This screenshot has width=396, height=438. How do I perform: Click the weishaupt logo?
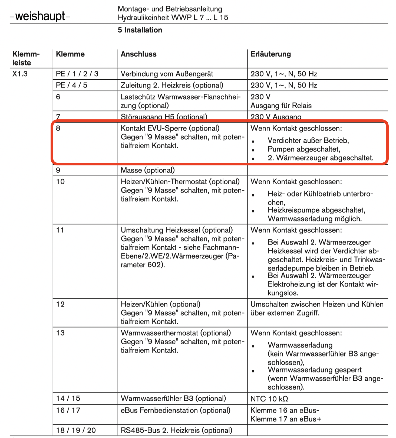[40, 16]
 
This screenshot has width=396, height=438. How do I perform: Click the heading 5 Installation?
[140, 30]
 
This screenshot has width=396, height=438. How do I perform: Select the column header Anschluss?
[138, 54]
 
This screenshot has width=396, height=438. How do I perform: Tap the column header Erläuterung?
[270, 54]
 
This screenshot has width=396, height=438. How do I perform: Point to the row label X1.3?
[20, 74]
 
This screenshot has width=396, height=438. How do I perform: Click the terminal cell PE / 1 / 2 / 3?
[77, 74]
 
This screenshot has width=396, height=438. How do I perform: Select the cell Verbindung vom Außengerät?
[167, 74]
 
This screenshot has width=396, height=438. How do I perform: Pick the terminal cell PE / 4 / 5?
[71, 85]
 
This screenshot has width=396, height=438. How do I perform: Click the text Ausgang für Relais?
[281, 106]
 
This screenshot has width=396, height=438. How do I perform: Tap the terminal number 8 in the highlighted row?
[58, 128]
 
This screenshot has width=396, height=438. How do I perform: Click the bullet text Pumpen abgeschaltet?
[304, 149]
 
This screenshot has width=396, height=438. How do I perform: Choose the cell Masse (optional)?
[148, 170]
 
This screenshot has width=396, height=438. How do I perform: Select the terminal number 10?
[60, 182]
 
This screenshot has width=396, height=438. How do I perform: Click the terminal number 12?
[60, 304]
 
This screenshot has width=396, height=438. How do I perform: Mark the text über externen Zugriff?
[285, 313]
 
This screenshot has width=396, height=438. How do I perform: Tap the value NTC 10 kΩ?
[269, 399]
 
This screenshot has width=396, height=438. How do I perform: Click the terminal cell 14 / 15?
[68, 398]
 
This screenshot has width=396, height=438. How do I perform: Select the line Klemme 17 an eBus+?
[286, 419]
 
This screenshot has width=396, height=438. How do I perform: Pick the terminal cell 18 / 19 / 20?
[76, 430]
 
